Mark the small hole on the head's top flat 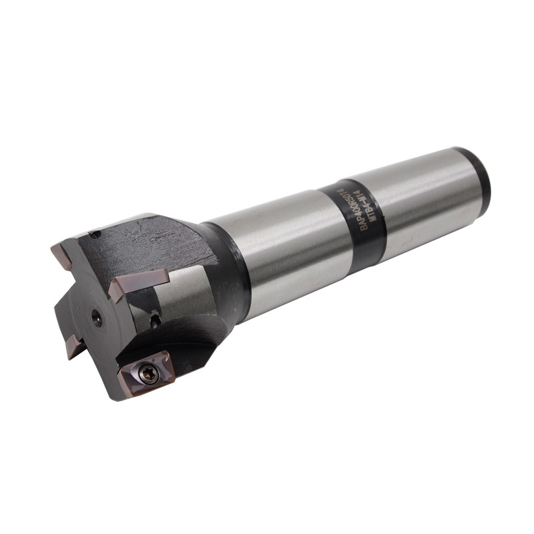click(96, 234)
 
